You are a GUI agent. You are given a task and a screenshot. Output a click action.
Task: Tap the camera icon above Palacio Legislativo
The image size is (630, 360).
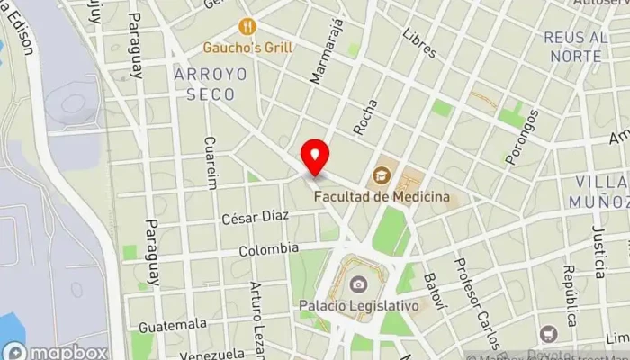click(358, 284)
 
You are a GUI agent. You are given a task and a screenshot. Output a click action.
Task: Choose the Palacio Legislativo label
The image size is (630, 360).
click(359, 306)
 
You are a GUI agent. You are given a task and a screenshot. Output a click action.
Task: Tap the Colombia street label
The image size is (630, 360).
click(268, 248)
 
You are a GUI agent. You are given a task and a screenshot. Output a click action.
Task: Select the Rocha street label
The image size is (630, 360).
click(364, 119)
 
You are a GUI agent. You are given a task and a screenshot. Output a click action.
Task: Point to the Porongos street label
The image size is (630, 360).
click(522, 136)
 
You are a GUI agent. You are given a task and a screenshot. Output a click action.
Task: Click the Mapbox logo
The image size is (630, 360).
click(56, 352)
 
